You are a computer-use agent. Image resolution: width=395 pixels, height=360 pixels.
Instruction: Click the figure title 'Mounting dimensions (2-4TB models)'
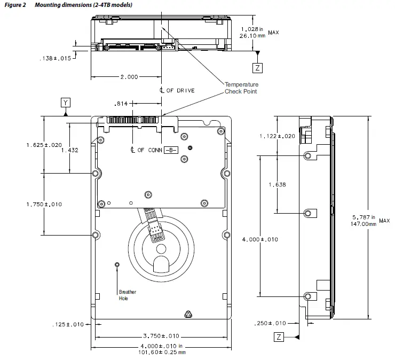tap(80, 5)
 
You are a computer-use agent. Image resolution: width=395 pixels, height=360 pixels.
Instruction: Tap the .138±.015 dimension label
tap(56, 59)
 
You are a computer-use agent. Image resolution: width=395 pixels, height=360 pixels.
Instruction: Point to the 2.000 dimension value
tap(129, 77)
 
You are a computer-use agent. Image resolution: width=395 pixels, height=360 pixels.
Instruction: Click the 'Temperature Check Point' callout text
tap(241, 88)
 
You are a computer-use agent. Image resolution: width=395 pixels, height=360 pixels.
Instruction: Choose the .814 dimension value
tap(122, 104)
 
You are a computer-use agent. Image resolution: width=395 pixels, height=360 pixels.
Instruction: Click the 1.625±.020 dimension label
tap(44, 145)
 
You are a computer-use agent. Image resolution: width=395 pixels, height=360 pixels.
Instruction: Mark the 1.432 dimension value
tap(70, 150)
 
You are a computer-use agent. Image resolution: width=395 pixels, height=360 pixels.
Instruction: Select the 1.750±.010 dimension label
tap(44, 204)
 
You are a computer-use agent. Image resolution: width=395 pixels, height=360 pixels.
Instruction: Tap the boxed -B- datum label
tap(170, 150)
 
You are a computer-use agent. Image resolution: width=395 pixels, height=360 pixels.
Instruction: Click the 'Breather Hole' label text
tap(128, 295)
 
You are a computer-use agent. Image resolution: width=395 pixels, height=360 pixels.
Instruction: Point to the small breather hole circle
tap(118, 264)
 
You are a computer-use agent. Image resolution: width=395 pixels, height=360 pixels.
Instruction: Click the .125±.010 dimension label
tap(68, 324)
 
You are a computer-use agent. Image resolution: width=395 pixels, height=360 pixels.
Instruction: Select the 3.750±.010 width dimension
tap(161, 336)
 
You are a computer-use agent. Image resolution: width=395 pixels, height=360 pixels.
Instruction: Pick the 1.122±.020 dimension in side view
tap(277, 136)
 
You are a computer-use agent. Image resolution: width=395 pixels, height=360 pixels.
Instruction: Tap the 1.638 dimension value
tap(277, 184)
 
